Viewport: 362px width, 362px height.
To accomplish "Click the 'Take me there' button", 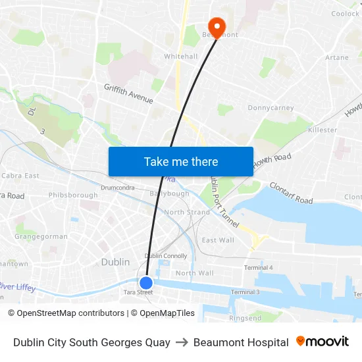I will click(180, 161).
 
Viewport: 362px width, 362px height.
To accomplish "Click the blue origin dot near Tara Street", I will click(146, 283).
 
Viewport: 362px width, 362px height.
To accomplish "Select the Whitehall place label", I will click(180, 57).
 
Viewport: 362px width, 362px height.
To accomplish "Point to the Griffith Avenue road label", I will click(128, 93).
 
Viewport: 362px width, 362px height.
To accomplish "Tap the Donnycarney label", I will click(270, 107).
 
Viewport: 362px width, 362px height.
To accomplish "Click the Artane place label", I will click(336, 58).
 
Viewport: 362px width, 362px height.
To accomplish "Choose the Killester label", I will click(323, 130).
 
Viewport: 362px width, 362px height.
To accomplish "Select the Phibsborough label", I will click(72, 195).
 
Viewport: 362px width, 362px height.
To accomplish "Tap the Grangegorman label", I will click(41, 236).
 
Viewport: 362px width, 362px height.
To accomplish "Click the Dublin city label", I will click(115, 262).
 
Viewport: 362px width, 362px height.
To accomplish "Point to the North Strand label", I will click(187, 213).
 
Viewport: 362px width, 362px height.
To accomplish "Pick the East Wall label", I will click(218, 240).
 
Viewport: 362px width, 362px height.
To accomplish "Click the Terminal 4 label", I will click(258, 267).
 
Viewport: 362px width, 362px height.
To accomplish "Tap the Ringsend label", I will click(245, 318).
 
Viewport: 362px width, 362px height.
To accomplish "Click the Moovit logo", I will click(322, 342).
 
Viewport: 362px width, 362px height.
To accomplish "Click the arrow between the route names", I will click(182, 342).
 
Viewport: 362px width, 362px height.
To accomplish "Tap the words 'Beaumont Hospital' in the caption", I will click(241, 342).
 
